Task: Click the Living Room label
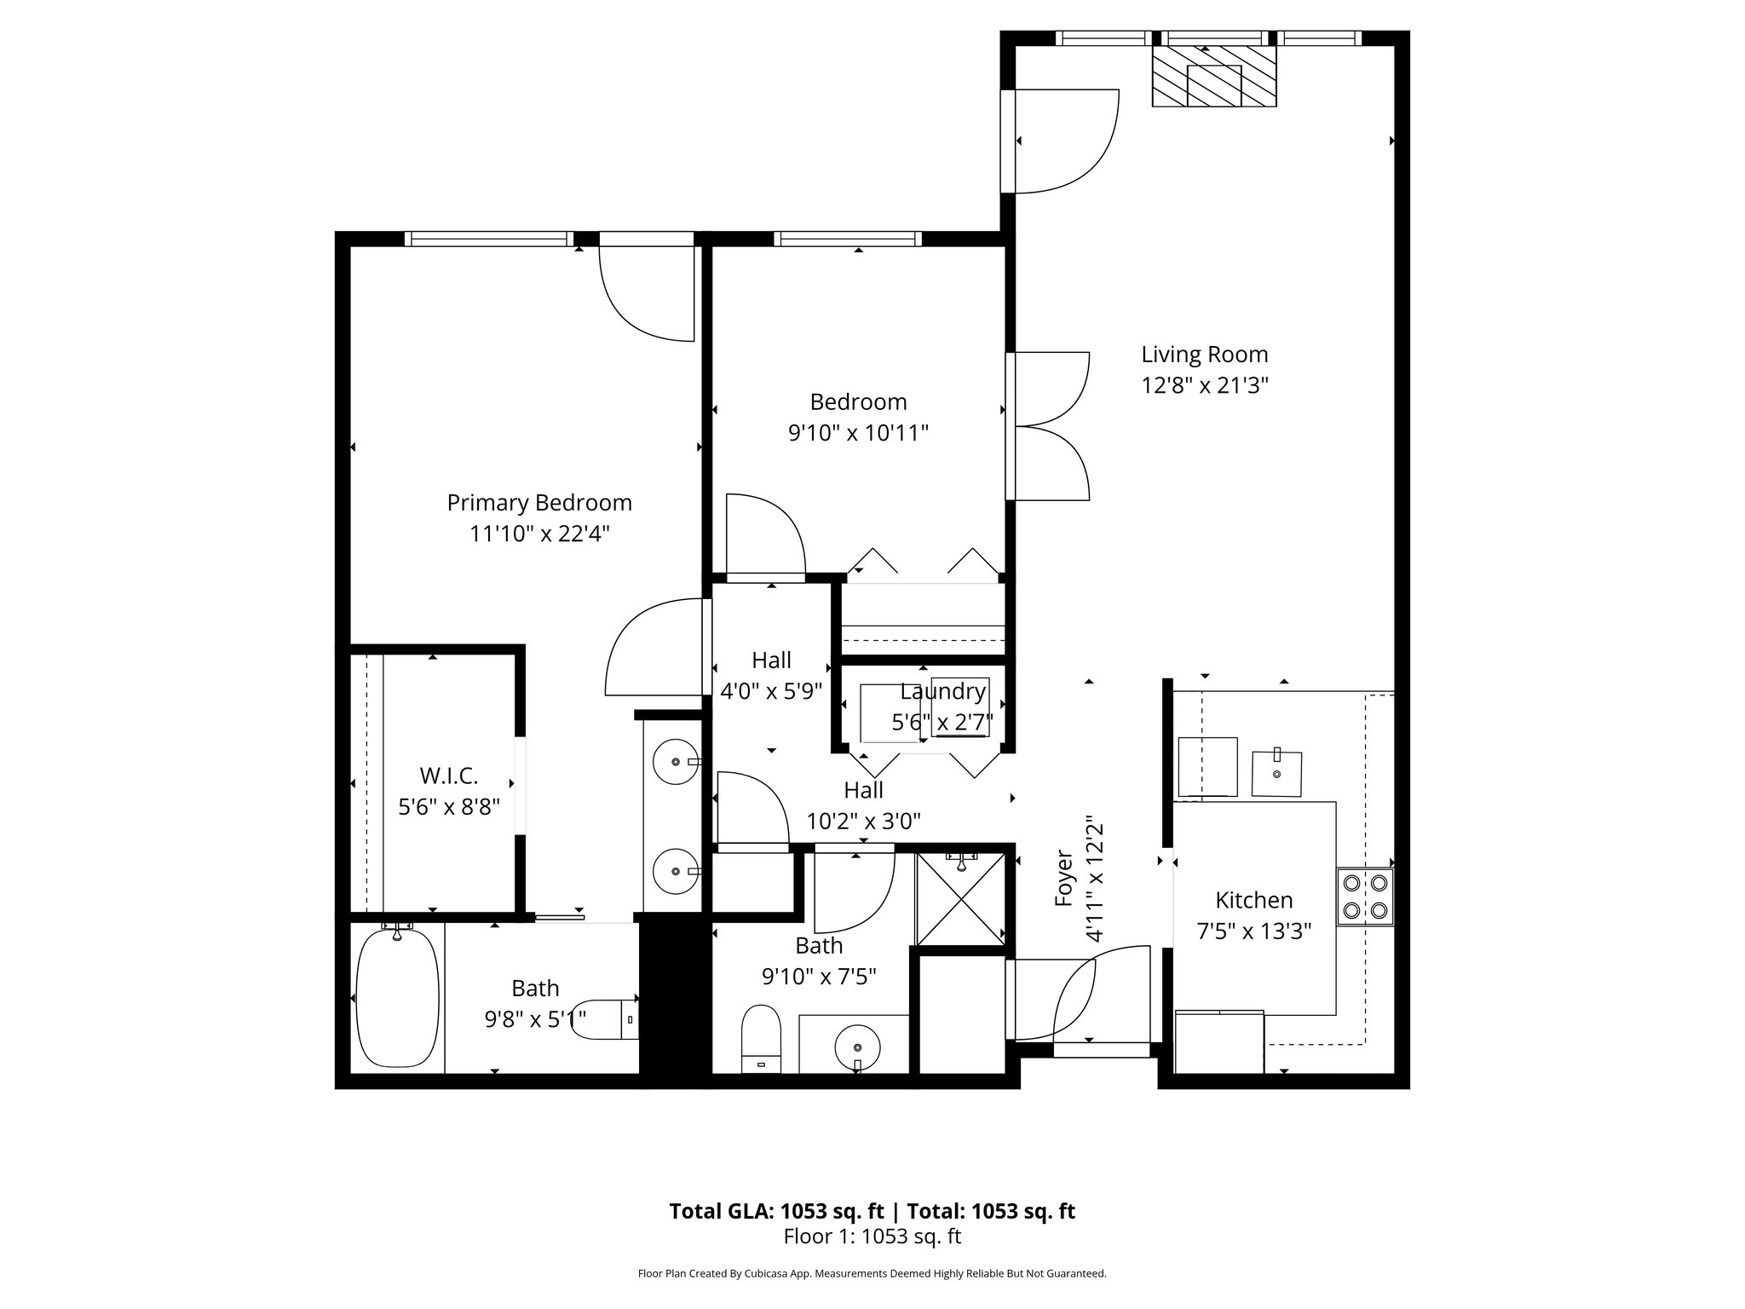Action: click(1204, 355)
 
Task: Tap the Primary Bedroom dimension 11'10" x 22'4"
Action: click(539, 534)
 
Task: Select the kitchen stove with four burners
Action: click(1364, 897)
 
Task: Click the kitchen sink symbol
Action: click(1276, 774)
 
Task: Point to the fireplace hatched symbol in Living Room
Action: click(1214, 75)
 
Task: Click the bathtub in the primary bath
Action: click(396, 998)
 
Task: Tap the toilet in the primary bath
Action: click(607, 1019)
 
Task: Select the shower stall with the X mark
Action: click(961, 900)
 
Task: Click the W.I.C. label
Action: click(448, 776)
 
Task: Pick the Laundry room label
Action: click(942, 692)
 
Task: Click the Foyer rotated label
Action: click(1063, 878)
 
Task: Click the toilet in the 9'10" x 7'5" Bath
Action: click(761, 1040)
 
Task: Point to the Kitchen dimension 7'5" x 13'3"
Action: click(1253, 931)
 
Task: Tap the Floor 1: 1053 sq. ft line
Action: click(872, 1237)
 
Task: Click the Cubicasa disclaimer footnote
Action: click(872, 1274)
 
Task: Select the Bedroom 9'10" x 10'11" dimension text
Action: click(857, 434)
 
